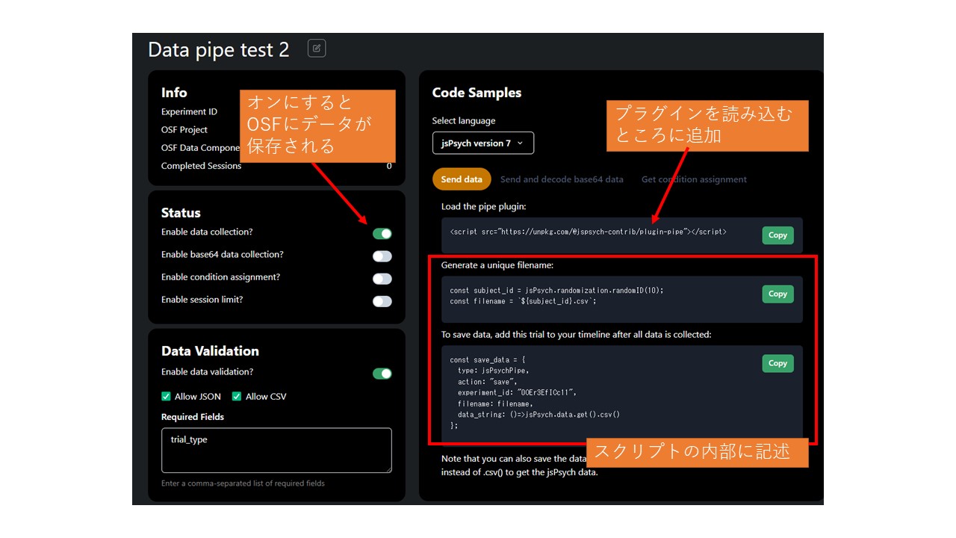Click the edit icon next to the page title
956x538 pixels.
click(317, 49)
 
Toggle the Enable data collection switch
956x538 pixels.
click(382, 234)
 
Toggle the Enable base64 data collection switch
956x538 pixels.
click(382, 256)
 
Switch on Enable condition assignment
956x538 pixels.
click(382, 279)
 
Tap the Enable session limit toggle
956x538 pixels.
click(382, 301)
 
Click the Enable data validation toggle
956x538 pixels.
click(382, 374)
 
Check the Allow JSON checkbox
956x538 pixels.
click(167, 397)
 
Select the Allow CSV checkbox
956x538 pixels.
click(237, 397)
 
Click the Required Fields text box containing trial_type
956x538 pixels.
click(276, 450)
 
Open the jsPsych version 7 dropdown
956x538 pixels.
click(482, 143)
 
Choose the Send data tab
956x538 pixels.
click(462, 179)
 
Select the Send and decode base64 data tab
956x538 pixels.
click(562, 179)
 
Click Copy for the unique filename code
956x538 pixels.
click(777, 294)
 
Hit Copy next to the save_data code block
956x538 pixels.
click(777, 364)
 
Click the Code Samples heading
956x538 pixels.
click(477, 93)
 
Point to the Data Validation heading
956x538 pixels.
click(210, 351)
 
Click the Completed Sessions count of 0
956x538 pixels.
click(389, 166)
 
